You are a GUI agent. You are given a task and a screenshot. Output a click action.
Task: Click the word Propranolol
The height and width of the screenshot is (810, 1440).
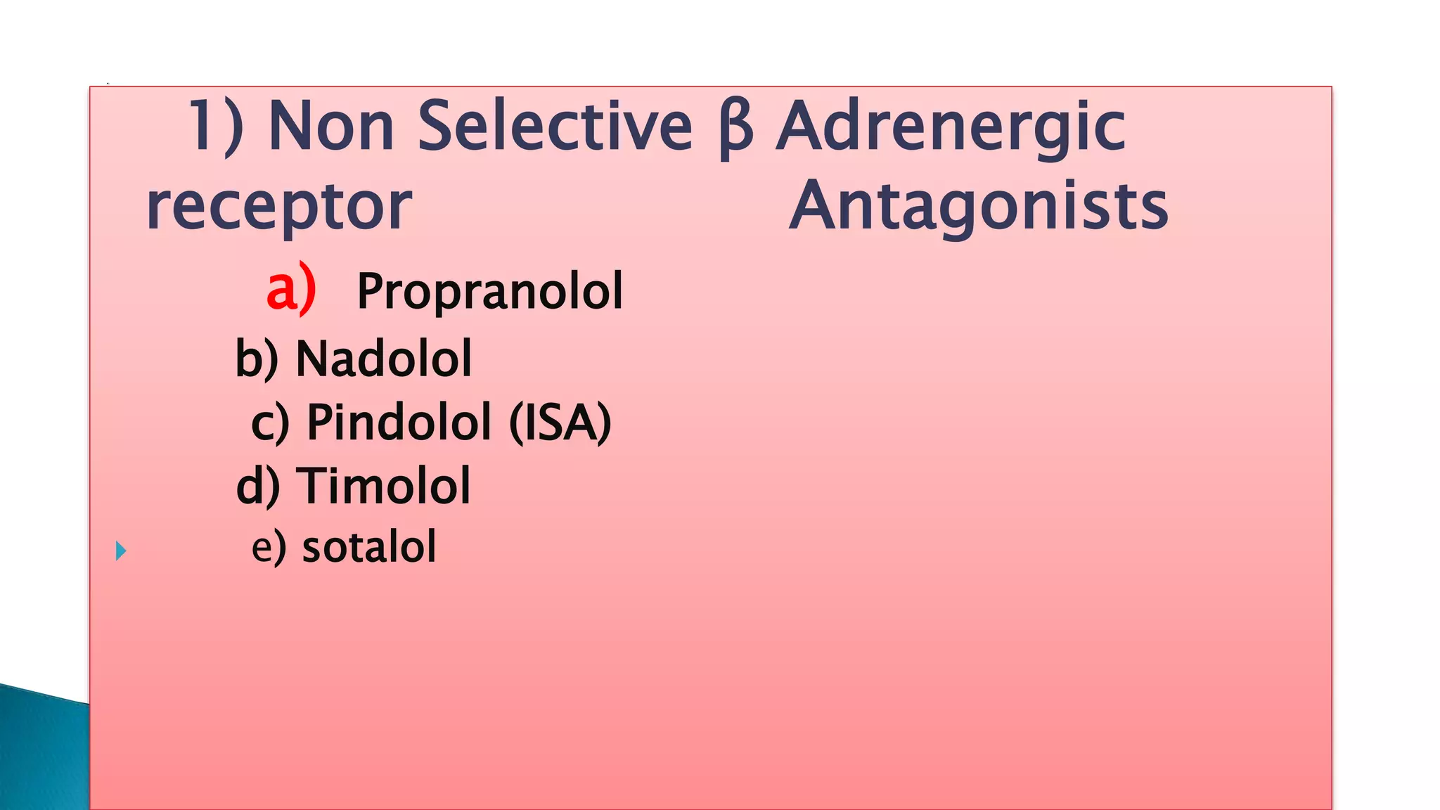click(489, 291)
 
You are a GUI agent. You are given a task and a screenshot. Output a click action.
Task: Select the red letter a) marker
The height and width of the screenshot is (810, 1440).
click(291, 288)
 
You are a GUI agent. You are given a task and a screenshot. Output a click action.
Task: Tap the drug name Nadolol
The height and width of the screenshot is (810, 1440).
click(383, 359)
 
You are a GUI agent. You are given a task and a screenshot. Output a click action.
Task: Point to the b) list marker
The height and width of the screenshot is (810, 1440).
click(257, 359)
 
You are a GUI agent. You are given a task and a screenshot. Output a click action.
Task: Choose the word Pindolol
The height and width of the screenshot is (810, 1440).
click(399, 423)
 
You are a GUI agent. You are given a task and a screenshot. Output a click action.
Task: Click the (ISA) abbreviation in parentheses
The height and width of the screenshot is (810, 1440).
click(560, 423)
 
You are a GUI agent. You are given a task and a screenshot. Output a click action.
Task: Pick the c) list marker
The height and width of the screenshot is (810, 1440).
click(270, 423)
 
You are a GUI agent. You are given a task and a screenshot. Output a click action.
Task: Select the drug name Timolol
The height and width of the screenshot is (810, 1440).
click(383, 486)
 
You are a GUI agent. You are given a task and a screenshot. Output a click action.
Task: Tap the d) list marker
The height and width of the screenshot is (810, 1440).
click(258, 486)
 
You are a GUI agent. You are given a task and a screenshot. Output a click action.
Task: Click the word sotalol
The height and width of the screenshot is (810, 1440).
click(369, 547)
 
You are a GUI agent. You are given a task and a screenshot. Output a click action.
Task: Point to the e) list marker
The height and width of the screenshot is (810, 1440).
click(269, 547)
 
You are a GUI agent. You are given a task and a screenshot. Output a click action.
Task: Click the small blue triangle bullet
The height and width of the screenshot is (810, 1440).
click(121, 551)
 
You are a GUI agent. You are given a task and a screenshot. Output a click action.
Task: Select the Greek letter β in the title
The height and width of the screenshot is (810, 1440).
click(735, 127)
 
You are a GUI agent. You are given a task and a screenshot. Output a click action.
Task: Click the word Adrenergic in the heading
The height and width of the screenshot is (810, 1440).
click(951, 127)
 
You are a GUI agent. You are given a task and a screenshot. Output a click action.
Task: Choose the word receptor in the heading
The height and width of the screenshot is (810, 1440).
click(278, 207)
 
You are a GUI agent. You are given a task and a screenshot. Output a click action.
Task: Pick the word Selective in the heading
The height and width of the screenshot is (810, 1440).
click(555, 126)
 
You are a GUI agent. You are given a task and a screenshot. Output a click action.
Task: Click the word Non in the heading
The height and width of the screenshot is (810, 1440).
click(331, 126)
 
